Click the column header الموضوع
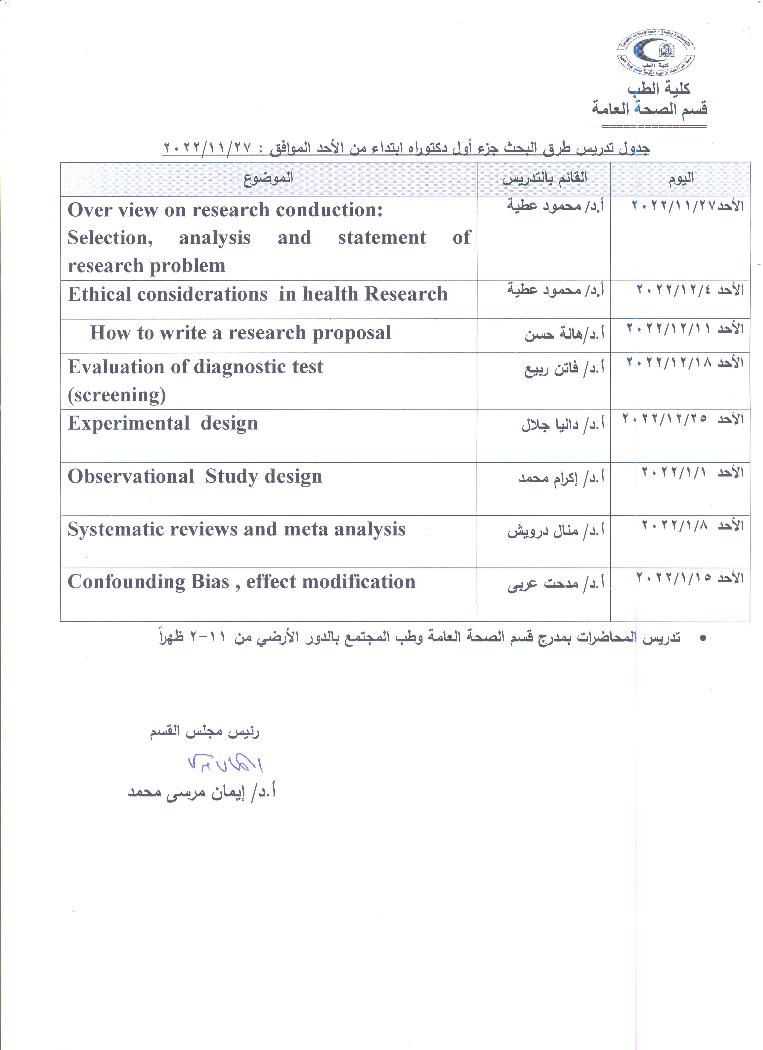tap(268, 179)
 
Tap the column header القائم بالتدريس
tap(545, 179)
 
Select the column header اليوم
tap(681, 179)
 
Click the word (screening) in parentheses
tap(117, 395)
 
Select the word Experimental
tap(129, 424)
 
